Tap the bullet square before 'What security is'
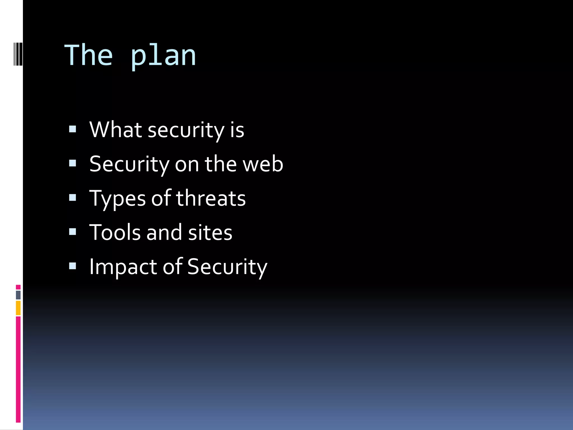point(72,129)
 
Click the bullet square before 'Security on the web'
point(72,163)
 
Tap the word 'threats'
point(211,198)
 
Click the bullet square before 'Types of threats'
point(72,198)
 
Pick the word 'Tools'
point(115,232)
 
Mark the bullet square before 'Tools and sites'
point(72,232)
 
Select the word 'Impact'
point(123,267)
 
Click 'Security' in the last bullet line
point(227,267)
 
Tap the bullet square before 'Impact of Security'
point(72,266)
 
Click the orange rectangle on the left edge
point(18,308)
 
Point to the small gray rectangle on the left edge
point(18,295)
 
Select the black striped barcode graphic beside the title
point(18,54)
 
